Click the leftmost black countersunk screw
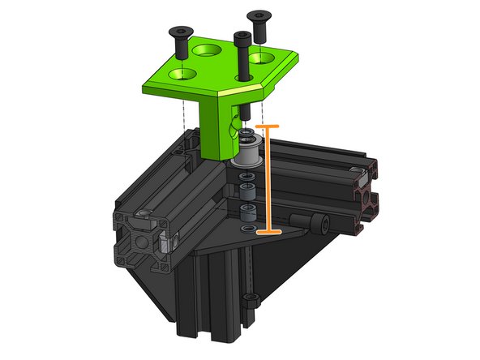tap(179, 37)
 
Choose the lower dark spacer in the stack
tap(246, 213)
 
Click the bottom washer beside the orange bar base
tap(246, 229)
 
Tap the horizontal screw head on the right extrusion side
tap(319, 221)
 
